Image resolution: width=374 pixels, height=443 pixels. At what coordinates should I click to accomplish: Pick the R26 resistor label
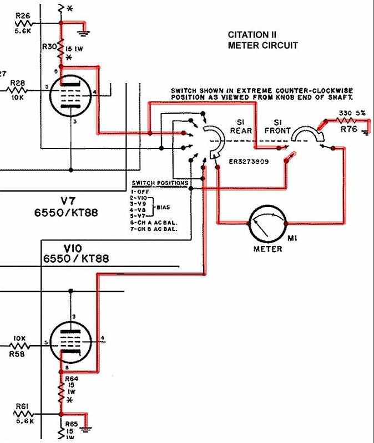(x=23, y=16)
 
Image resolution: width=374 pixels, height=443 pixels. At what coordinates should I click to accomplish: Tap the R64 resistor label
(x=72, y=378)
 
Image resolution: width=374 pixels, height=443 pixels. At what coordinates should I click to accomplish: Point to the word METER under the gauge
(x=267, y=249)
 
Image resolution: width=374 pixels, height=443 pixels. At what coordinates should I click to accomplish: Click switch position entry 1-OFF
(x=141, y=192)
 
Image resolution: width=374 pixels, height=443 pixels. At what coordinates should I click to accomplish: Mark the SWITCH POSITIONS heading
(x=160, y=183)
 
